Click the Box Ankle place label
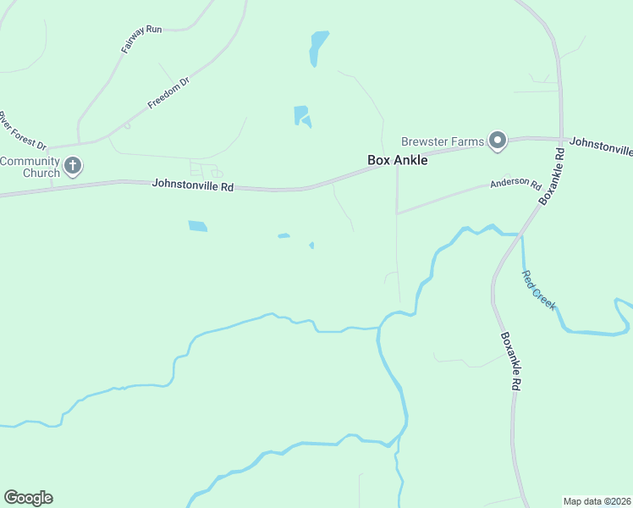coord(397,159)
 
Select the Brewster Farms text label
coord(442,141)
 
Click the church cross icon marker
coord(73,165)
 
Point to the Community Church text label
coord(30,167)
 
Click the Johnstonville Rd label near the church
coord(192,184)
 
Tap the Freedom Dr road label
coord(168,93)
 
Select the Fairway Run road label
coord(141,40)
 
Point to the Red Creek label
coord(539,290)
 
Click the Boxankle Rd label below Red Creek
coord(510,360)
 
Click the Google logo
coord(28,498)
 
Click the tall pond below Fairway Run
coord(318,47)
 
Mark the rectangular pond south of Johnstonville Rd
coord(197,226)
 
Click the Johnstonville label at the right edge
coord(601,145)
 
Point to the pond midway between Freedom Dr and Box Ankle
coord(302,116)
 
